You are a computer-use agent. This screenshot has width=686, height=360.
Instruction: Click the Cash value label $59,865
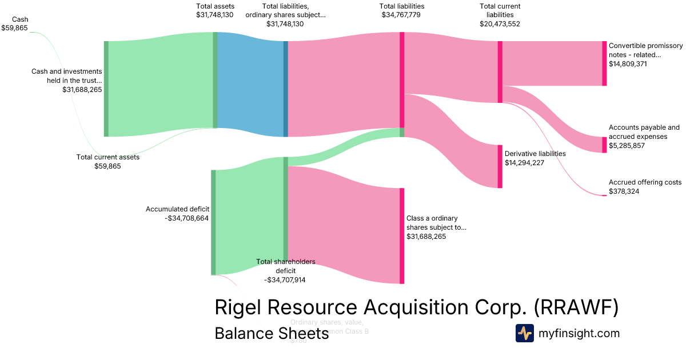point(14,27)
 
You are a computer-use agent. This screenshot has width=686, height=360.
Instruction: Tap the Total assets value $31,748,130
point(214,15)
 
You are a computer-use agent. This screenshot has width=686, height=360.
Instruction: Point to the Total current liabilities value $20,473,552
point(500,24)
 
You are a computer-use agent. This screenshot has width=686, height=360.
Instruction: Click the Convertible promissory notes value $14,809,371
point(629,64)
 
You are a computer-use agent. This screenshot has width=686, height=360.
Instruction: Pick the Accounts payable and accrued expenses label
point(644,132)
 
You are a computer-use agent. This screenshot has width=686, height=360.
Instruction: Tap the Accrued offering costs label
point(645,182)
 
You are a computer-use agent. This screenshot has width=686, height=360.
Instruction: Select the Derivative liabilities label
point(535,154)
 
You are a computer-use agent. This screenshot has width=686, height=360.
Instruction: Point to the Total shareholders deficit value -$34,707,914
point(285,280)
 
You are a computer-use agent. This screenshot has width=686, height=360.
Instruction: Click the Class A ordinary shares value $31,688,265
point(426,237)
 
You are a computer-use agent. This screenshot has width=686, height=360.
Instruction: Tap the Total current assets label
point(108,157)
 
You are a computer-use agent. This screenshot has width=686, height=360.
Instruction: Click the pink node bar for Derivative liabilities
point(500,166)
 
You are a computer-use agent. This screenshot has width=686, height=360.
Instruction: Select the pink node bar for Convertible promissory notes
point(604,63)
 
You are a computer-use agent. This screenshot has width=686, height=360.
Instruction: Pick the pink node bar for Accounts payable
point(604,145)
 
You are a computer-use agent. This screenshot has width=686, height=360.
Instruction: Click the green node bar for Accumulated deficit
point(213,222)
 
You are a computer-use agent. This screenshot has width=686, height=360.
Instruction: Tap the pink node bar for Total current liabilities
point(500,72)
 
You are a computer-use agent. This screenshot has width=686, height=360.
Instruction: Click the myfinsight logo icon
point(524,333)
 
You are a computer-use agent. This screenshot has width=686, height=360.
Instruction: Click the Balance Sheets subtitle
point(272,334)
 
